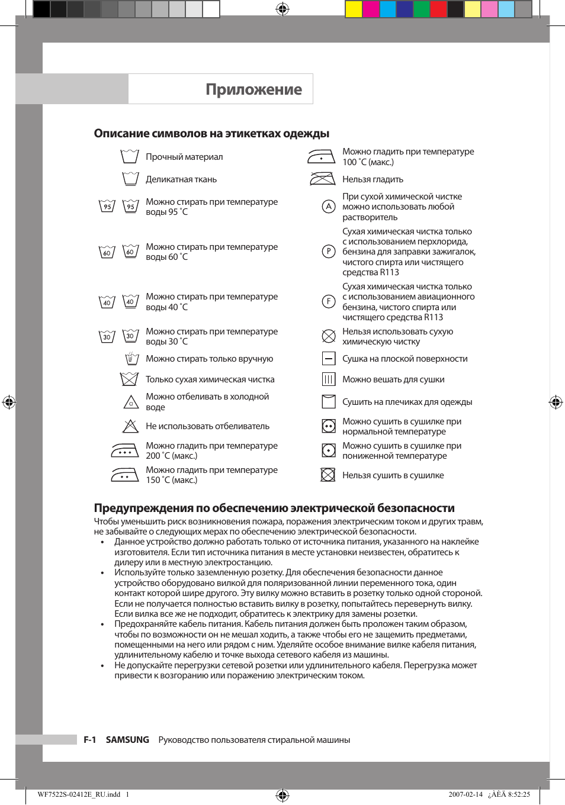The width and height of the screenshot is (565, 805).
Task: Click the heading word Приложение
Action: [x=253, y=89]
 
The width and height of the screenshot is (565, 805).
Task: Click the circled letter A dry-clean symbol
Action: [x=329, y=207]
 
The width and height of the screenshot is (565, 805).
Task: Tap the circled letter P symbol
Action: [x=329, y=252]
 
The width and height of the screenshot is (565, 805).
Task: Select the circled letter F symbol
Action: [x=329, y=301]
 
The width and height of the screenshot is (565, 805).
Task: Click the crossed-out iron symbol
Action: [x=322, y=179]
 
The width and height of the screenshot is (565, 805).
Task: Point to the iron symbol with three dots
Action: [x=125, y=451]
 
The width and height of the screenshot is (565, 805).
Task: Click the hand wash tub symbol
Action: [x=131, y=359]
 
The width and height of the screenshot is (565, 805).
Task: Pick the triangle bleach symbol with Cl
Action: [x=131, y=402]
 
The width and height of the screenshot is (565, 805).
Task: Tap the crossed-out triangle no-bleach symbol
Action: [x=130, y=426]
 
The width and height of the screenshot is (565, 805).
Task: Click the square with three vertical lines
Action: [x=329, y=379]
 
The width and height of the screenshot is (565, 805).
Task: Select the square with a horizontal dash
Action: [x=329, y=359]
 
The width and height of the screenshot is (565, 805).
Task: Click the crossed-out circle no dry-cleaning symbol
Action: [x=329, y=336]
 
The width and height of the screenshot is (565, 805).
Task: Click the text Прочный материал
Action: [x=184, y=157]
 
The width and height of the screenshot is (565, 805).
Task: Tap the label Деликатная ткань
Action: [x=181, y=179]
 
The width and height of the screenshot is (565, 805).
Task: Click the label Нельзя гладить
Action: [x=373, y=179]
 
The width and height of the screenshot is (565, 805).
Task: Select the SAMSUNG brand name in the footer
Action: [x=127, y=740]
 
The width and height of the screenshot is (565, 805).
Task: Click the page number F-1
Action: [x=89, y=740]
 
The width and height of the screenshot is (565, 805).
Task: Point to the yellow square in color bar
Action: [x=354, y=9]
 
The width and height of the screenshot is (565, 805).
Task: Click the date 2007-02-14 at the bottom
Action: [x=466, y=794]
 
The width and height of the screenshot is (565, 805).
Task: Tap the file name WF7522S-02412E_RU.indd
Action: [x=79, y=794]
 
